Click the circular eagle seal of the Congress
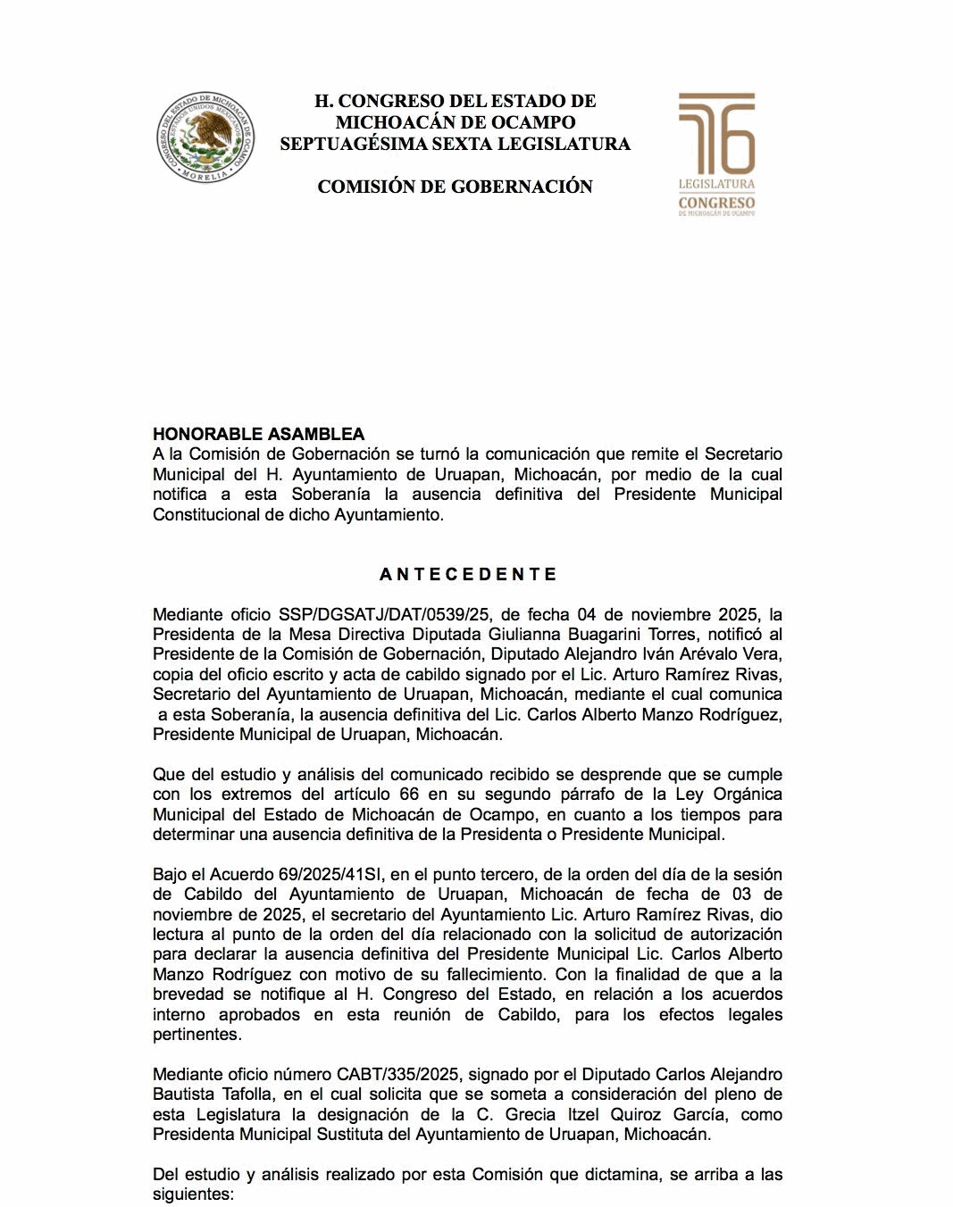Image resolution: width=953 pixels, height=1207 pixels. pyautogui.click(x=205, y=137)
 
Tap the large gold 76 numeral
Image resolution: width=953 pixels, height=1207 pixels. pyautogui.click(x=716, y=134)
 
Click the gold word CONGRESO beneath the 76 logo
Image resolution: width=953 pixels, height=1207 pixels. pyautogui.click(x=716, y=203)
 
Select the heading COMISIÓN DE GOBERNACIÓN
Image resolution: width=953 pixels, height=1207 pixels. pyautogui.click(x=456, y=187)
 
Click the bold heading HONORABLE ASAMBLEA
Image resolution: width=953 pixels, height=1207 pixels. pyautogui.click(x=259, y=434)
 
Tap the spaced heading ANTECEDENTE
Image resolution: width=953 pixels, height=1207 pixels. pyautogui.click(x=468, y=574)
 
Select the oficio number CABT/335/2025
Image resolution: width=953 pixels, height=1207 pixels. pyautogui.click(x=397, y=1074)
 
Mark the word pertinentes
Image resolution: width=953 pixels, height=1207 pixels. pyautogui.click(x=196, y=1035)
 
